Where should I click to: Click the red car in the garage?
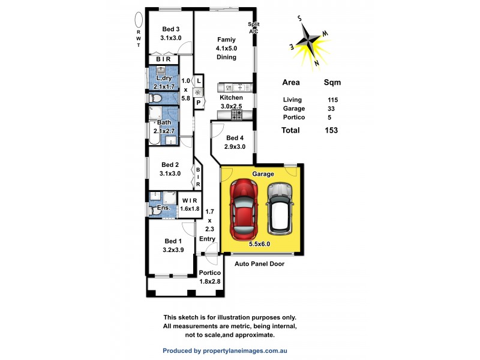[245, 207]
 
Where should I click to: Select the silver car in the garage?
[280, 208]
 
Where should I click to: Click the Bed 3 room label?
[171, 29]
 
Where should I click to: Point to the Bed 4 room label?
[231, 137]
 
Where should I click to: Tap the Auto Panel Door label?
[259, 263]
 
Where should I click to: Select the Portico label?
[210, 274]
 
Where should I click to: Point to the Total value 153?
[331, 130]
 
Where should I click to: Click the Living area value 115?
[332, 100]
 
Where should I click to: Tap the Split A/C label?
[253, 28]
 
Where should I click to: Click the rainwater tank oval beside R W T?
[139, 20]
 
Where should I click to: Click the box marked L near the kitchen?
[199, 80]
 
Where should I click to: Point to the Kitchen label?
[231, 97]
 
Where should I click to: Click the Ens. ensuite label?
[162, 208]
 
